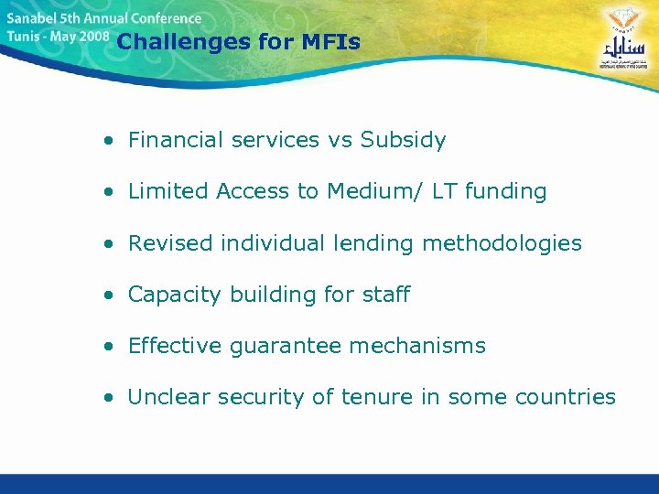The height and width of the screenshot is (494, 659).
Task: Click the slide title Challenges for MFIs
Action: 239,42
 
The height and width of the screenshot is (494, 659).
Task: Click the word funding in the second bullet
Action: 505,191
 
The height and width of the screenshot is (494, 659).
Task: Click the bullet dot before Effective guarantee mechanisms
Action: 109,347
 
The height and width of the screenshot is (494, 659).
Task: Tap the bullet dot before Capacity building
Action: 109,295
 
